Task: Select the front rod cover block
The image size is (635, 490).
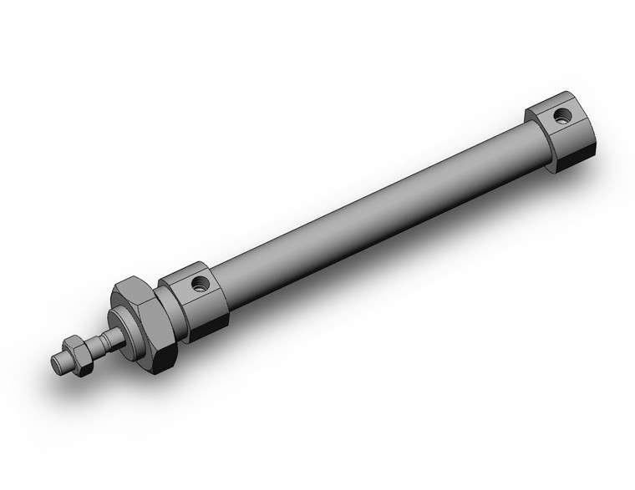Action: (197, 301)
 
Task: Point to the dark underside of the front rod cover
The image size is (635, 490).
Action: (209, 326)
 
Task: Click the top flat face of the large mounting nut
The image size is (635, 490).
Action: (133, 288)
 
